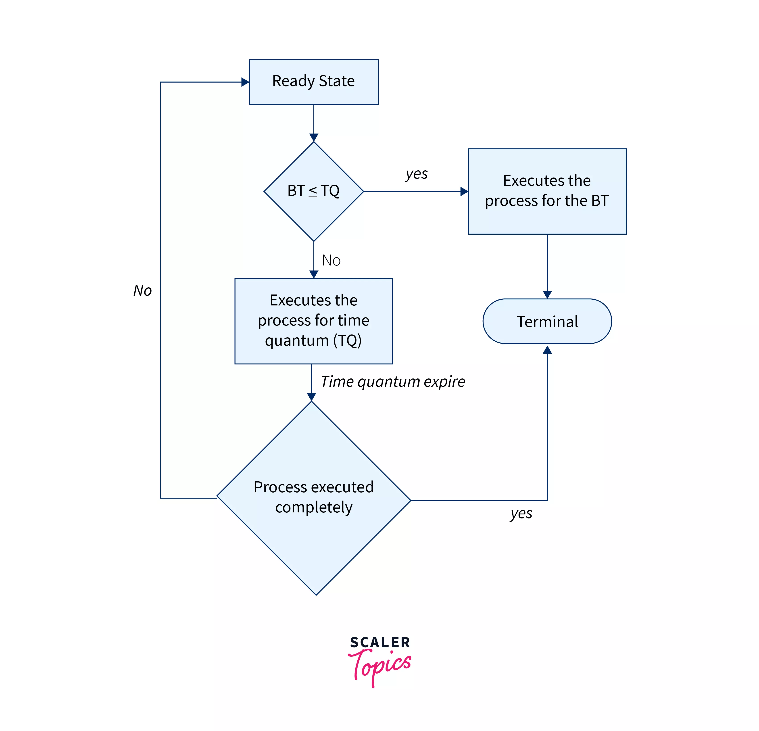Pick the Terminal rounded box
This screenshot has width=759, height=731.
point(547,321)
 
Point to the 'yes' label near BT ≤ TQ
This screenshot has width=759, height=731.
point(416,174)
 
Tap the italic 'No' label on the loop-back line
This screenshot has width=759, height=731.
point(142,290)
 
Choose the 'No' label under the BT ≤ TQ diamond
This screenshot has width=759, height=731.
point(331,260)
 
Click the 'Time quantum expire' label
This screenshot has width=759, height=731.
point(392,382)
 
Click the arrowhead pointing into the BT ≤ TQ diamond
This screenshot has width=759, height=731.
point(314,138)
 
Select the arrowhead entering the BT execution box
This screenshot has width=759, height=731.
point(464,191)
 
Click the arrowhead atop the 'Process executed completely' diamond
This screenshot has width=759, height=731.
point(311,397)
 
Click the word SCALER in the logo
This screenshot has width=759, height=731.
point(379,643)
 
